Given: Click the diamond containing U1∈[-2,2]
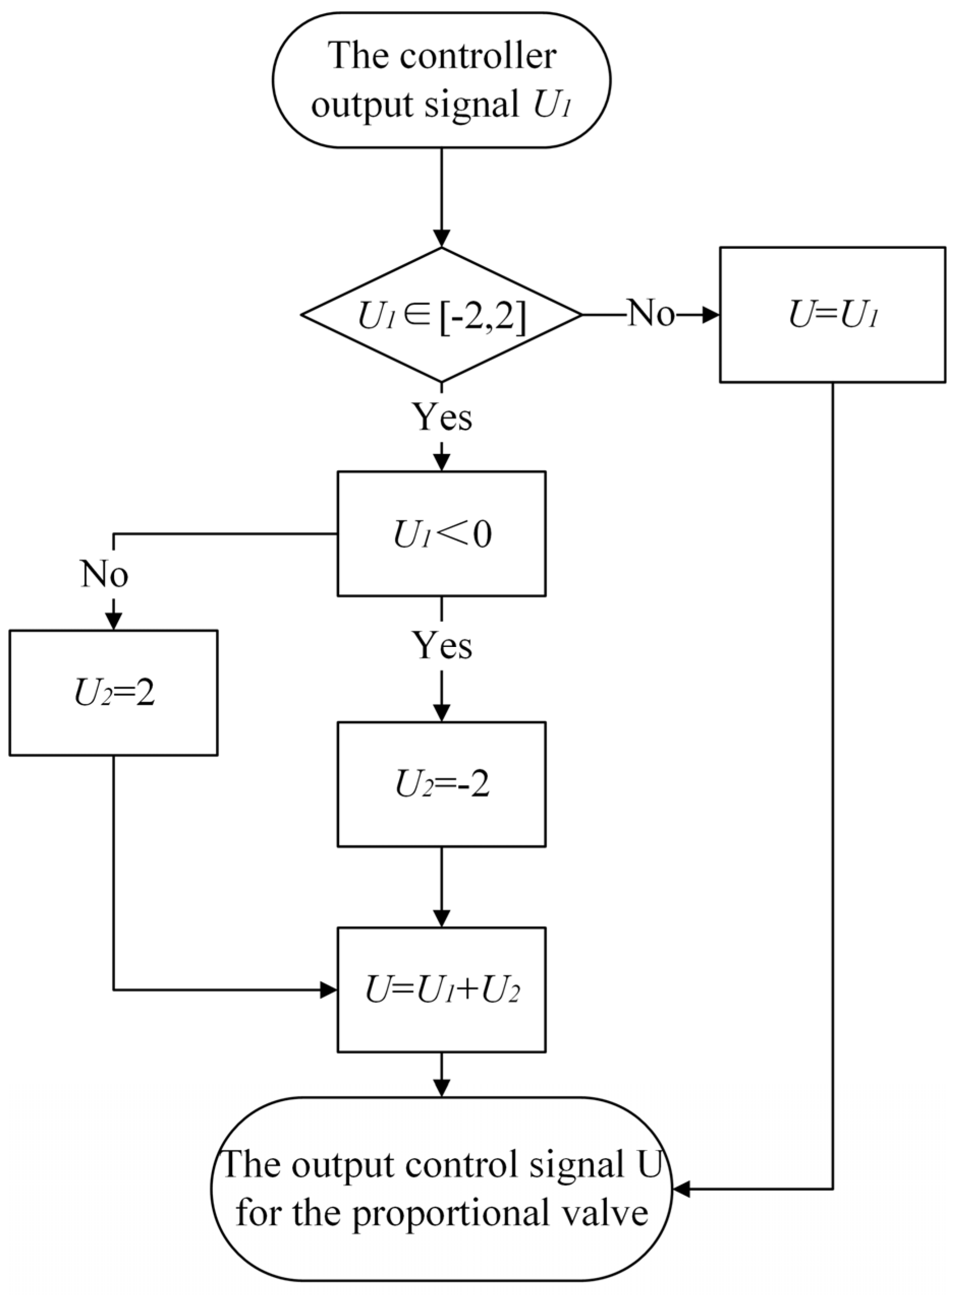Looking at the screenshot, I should [441, 315].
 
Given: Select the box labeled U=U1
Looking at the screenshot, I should [832, 315].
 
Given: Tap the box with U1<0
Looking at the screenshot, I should [441, 533].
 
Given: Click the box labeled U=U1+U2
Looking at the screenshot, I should [441, 990].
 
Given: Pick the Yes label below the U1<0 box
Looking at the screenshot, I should [442, 645].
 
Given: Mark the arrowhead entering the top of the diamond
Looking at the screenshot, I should [442, 239].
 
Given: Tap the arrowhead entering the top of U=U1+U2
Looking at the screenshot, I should [442, 918].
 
